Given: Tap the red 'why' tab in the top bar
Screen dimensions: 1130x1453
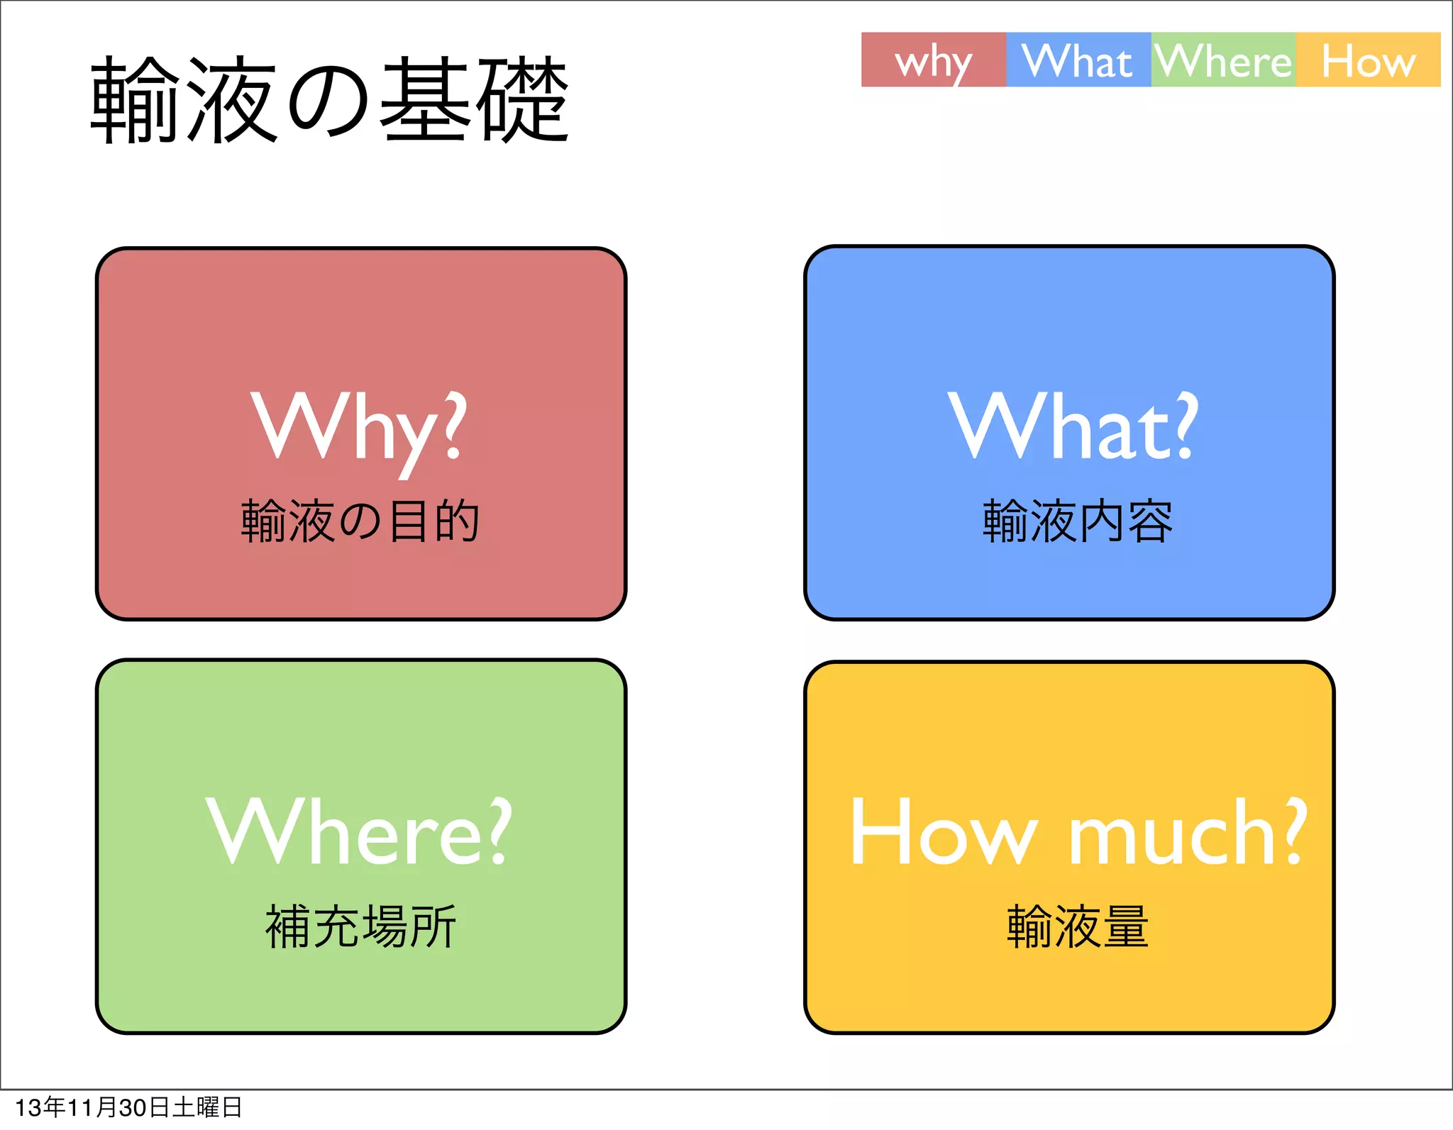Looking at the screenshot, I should (x=933, y=61).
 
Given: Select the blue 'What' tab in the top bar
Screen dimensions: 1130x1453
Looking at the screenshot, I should (x=1078, y=61).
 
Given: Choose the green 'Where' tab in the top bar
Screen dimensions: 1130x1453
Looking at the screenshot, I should (x=1223, y=61).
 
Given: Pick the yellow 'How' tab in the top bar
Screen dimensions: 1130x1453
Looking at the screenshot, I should (x=1368, y=61).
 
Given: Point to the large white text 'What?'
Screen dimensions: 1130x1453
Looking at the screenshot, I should (x=1073, y=426).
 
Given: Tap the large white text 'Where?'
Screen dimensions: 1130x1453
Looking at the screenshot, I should (x=359, y=831).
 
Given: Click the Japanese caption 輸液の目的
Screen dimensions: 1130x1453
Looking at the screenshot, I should (x=360, y=521).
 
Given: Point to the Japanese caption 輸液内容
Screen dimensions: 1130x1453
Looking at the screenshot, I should (x=1078, y=521).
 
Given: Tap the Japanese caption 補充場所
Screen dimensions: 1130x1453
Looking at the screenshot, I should (x=360, y=926).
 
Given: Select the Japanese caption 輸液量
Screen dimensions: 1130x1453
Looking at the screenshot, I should (x=1078, y=926).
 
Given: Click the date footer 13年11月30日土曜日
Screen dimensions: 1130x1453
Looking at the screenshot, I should (x=128, y=1107).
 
